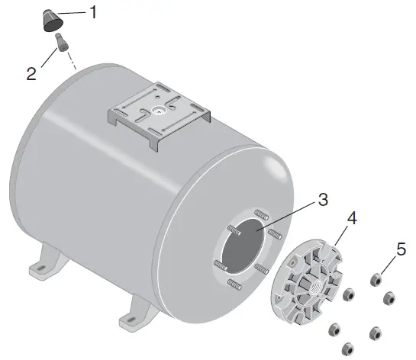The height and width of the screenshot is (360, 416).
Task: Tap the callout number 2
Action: coord(31,73)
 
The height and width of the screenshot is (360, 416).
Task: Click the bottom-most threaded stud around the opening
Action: coord(235,285)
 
